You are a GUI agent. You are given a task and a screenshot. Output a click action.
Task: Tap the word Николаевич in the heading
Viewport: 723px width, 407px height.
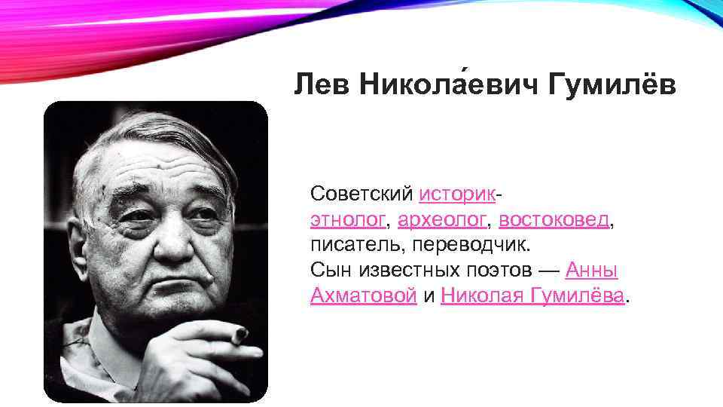(446, 85)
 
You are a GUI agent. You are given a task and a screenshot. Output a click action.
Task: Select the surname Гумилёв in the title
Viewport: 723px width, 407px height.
(613, 85)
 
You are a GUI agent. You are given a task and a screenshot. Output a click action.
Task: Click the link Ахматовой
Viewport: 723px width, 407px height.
(364, 296)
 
